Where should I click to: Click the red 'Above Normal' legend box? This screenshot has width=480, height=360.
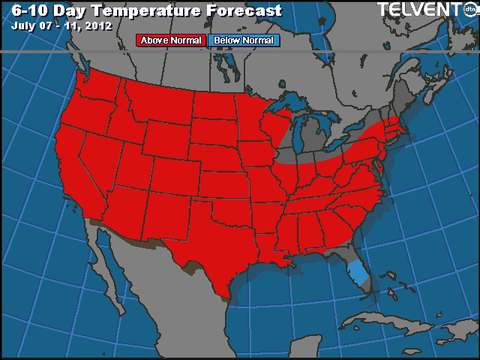[x=170, y=40]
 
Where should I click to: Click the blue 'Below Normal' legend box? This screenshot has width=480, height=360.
[x=243, y=40]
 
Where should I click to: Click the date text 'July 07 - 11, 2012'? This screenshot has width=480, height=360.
[x=61, y=25]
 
